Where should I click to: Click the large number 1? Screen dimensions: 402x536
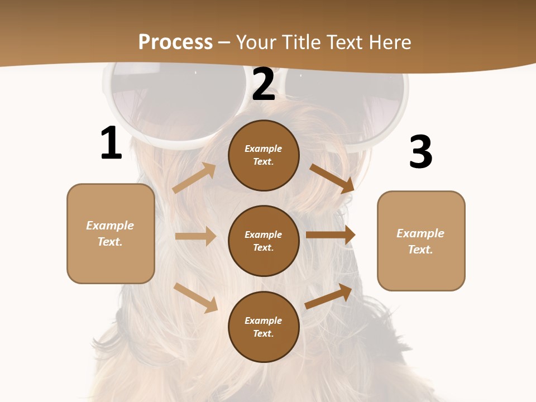111,143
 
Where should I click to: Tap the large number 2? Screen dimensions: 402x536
264,84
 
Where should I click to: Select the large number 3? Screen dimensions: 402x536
420,152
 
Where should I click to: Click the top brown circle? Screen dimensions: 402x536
264,155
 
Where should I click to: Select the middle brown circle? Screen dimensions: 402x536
264,241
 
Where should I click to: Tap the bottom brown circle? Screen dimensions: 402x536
264,327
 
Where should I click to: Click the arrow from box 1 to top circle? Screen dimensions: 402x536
194,178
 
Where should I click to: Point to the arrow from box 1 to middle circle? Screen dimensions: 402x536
195,236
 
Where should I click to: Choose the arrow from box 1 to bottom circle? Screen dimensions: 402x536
195,298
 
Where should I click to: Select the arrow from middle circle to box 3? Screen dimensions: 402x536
331,234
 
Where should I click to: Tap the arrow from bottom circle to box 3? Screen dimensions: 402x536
328,296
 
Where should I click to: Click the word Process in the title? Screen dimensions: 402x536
175,42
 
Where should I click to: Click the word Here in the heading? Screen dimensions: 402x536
389,42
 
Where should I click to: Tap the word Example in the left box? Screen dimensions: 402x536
110,226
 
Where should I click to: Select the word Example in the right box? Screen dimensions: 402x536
420,233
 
